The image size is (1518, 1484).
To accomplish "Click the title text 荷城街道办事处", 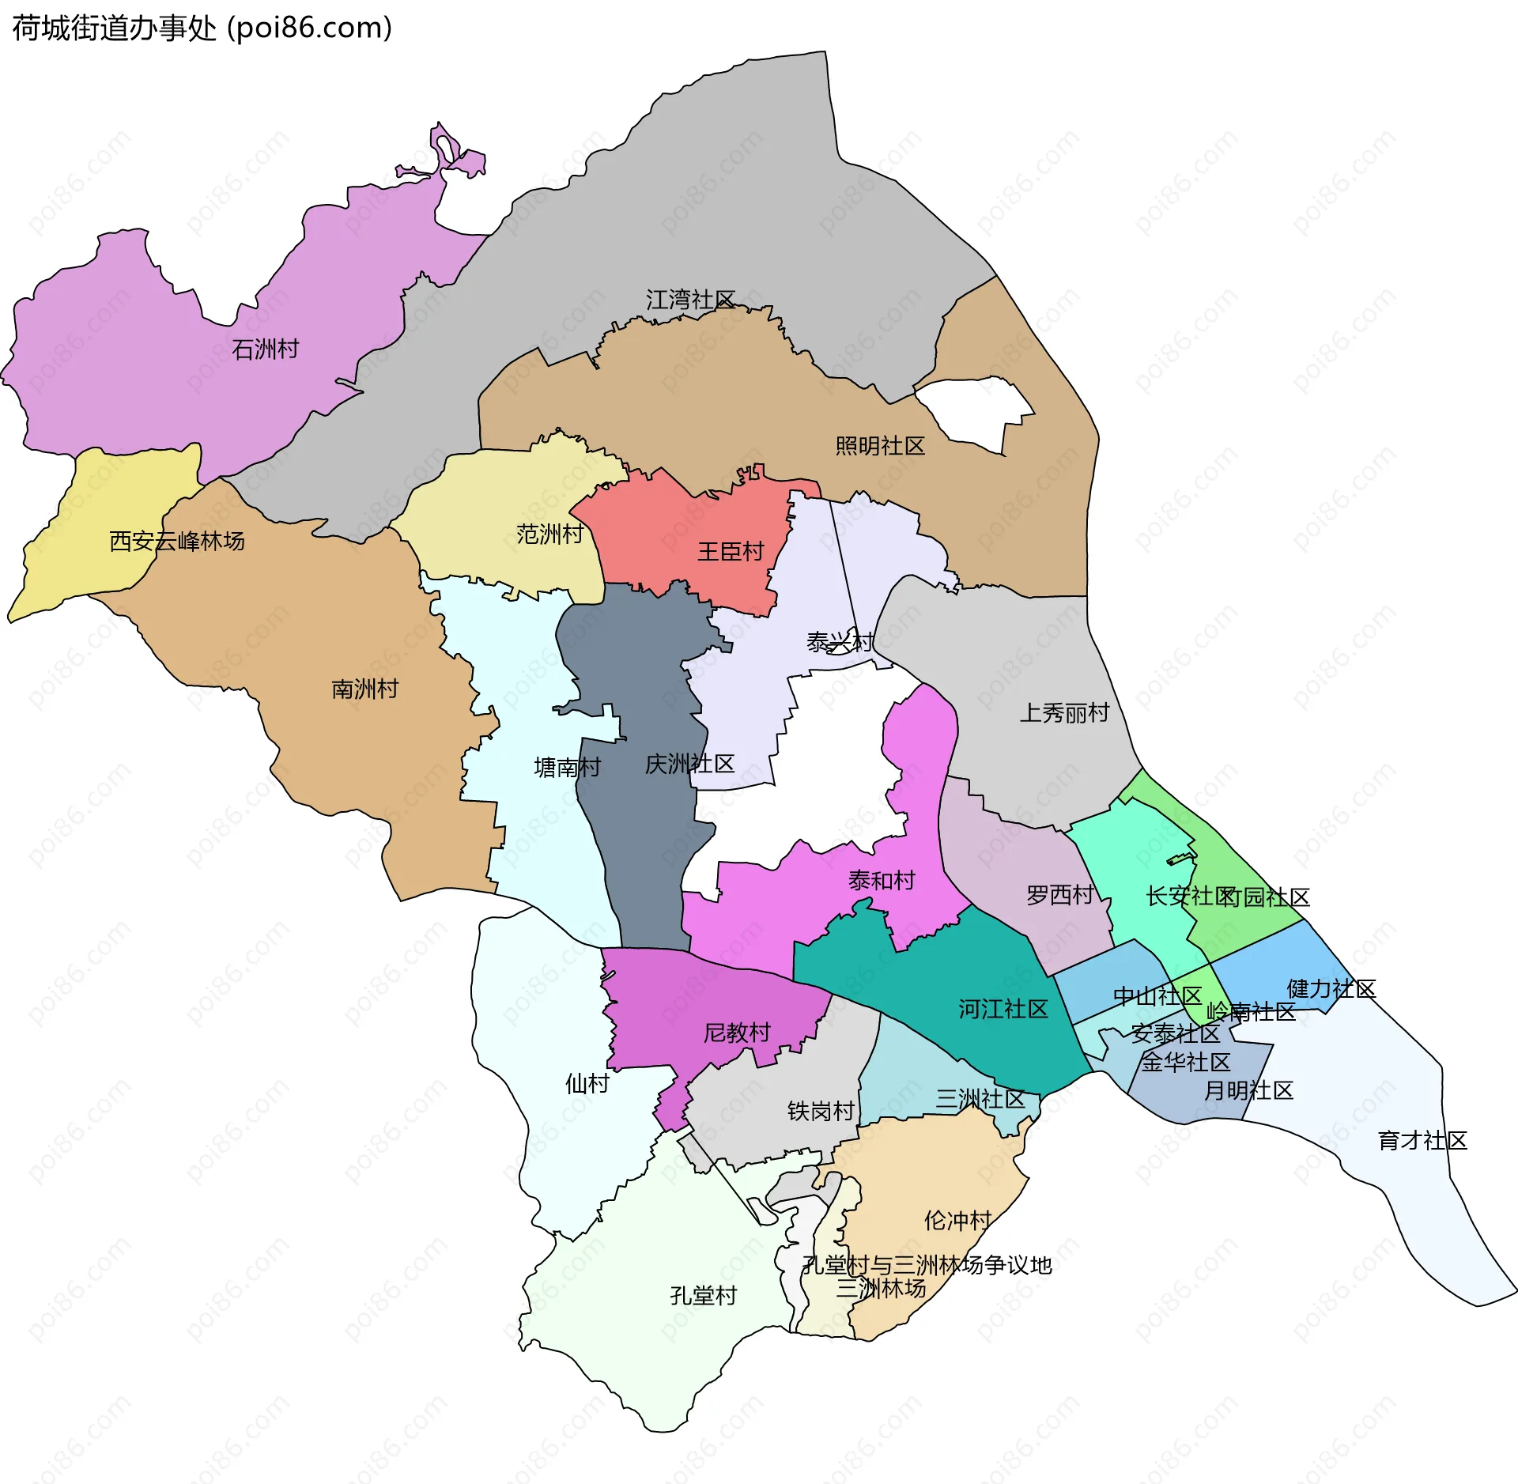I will pyautogui.click(x=115, y=28).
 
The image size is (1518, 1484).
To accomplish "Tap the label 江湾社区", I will pyautogui.click(x=690, y=300).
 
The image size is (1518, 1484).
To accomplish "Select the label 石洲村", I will pyautogui.click(x=266, y=349).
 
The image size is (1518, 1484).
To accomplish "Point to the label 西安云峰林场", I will pyautogui.click(x=177, y=541).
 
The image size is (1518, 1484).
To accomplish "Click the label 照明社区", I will pyautogui.click(x=880, y=446).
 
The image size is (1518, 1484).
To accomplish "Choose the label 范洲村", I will pyautogui.click(x=549, y=534).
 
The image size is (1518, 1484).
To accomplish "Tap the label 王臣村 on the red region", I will pyautogui.click(x=731, y=551).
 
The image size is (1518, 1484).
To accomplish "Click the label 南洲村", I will pyautogui.click(x=364, y=689).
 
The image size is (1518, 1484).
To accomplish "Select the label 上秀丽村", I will pyautogui.click(x=1064, y=713).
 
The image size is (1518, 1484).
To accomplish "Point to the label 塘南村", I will pyautogui.click(x=568, y=767).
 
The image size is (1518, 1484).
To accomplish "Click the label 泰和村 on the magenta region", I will pyautogui.click(x=882, y=880).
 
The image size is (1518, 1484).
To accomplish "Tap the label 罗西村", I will pyautogui.click(x=1059, y=895).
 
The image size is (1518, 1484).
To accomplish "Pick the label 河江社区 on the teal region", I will pyautogui.click(x=1003, y=1009).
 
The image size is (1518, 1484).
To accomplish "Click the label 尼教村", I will pyautogui.click(x=737, y=1033).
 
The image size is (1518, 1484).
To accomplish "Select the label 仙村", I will pyautogui.click(x=587, y=1083).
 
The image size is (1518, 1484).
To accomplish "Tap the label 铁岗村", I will pyautogui.click(x=821, y=1112).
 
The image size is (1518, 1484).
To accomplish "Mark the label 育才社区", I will pyautogui.click(x=1422, y=1140).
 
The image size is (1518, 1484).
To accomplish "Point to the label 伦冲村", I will pyautogui.click(x=957, y=1221).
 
